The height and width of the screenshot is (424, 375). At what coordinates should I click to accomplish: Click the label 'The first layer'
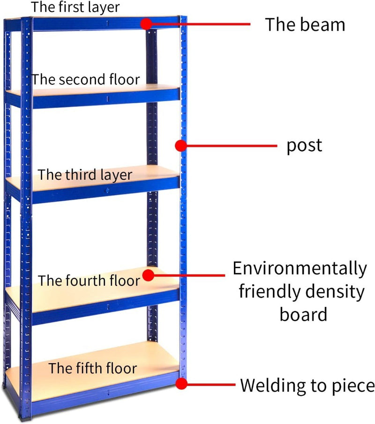tap(75, 7)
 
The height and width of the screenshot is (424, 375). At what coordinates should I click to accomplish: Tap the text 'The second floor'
tap(86, 80)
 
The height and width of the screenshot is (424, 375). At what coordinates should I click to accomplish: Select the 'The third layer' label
tap(85, 175)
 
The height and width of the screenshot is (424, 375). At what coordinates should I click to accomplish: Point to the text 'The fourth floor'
tap(89, 281)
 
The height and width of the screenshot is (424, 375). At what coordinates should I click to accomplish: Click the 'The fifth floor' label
tap(93, 368)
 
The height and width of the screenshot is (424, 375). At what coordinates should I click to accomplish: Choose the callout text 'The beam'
tap(305, 24)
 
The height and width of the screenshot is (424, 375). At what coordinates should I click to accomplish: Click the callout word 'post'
tap(305, 146)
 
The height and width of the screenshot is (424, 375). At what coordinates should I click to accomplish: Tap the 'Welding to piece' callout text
tap(307, 386)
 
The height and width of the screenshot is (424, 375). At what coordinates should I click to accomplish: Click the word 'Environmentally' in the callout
tap(300, 269)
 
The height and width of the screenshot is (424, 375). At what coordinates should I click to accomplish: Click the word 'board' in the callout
tap(303, 314)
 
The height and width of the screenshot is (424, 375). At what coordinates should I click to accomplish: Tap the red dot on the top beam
tap(147, 23)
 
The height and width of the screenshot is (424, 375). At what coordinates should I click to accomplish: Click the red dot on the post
tap(180, 146)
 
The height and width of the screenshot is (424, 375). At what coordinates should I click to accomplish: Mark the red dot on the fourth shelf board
tap(149, 275)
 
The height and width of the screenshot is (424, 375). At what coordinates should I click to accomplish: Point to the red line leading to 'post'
tap(230, 146)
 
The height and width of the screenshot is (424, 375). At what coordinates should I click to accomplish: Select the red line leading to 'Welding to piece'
tap(211, 385)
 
